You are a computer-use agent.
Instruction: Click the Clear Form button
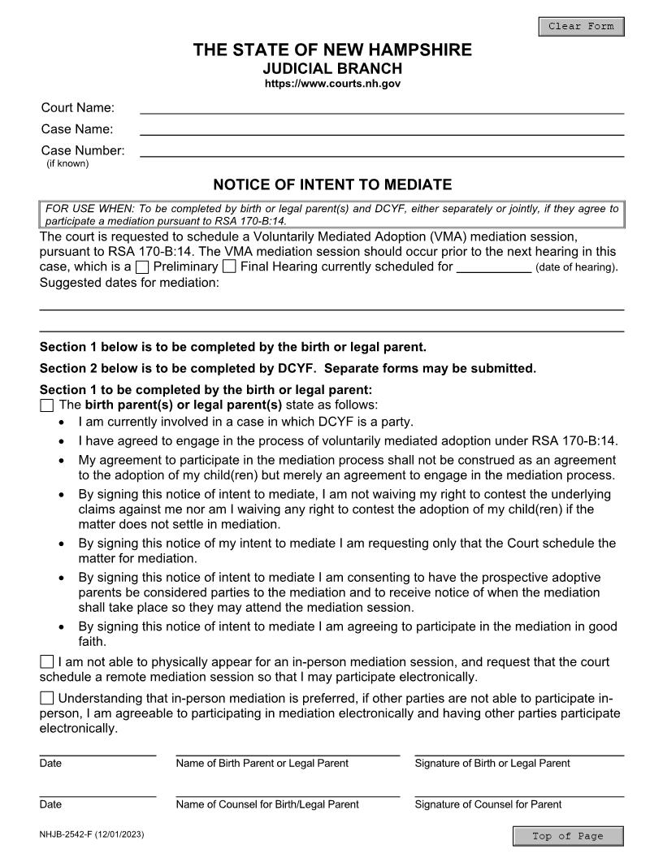(x=581, y=27)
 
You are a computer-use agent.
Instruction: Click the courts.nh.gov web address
(x=332, y=84)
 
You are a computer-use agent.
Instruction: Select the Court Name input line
(x=382, y=107)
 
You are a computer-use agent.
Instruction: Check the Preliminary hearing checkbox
(x=142, y=266)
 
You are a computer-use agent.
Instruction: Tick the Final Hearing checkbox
(x=229, y=266)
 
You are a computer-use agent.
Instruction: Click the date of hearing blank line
(x=494, y=266)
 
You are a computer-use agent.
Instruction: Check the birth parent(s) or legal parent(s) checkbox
(x=47, y=405)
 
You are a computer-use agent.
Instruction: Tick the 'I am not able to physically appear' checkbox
(x=47, y=662)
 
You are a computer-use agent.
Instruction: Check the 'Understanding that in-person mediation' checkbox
(x=47, y=698)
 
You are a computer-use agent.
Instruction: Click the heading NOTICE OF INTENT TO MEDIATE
(x=332, y=184)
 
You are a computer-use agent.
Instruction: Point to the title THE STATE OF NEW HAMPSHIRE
(x=332, y=50)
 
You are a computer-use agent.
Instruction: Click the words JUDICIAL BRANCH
(x=332, y=68)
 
